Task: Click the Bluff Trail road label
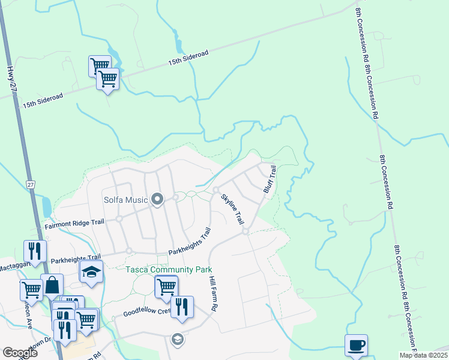[270, 179]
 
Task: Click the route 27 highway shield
[32, 185]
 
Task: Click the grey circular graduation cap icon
[176, 340]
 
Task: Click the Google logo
[20, 353]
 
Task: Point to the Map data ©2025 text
[423, 355]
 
